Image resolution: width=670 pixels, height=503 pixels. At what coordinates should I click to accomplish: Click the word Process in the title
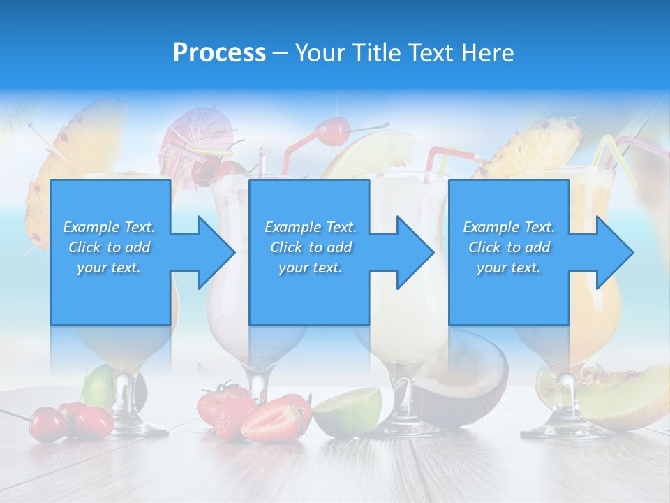click(x=219, y=53)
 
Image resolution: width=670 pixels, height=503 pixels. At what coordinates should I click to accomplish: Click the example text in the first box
click(x=109, y=247)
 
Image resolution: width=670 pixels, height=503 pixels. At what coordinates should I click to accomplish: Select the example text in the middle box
click(x=310, y=247)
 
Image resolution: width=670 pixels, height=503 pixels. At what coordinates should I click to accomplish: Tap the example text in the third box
click(x=509, y=247)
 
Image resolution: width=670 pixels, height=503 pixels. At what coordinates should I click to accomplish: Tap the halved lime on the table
click(x=348, y=411)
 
